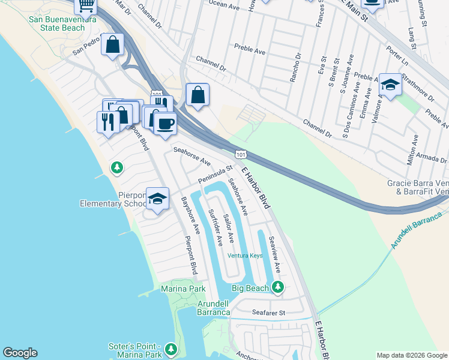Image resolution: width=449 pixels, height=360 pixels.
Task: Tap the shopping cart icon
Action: (86, 5)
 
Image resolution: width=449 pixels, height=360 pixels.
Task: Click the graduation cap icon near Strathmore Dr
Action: (390, 85)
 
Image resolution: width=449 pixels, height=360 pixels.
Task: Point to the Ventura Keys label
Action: (245, 256)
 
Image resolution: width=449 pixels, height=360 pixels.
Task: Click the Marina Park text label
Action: (184, 289)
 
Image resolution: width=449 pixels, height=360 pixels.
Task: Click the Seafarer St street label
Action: (268, 313)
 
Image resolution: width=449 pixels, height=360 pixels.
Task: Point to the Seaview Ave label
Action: (275, 254)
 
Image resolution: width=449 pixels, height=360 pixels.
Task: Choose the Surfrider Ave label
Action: (215, 227)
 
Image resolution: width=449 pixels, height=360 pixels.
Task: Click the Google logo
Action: (20, 353)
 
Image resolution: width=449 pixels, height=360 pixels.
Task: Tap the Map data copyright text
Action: (412, 355)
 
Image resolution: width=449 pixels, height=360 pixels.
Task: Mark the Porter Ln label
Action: (397, 57)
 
